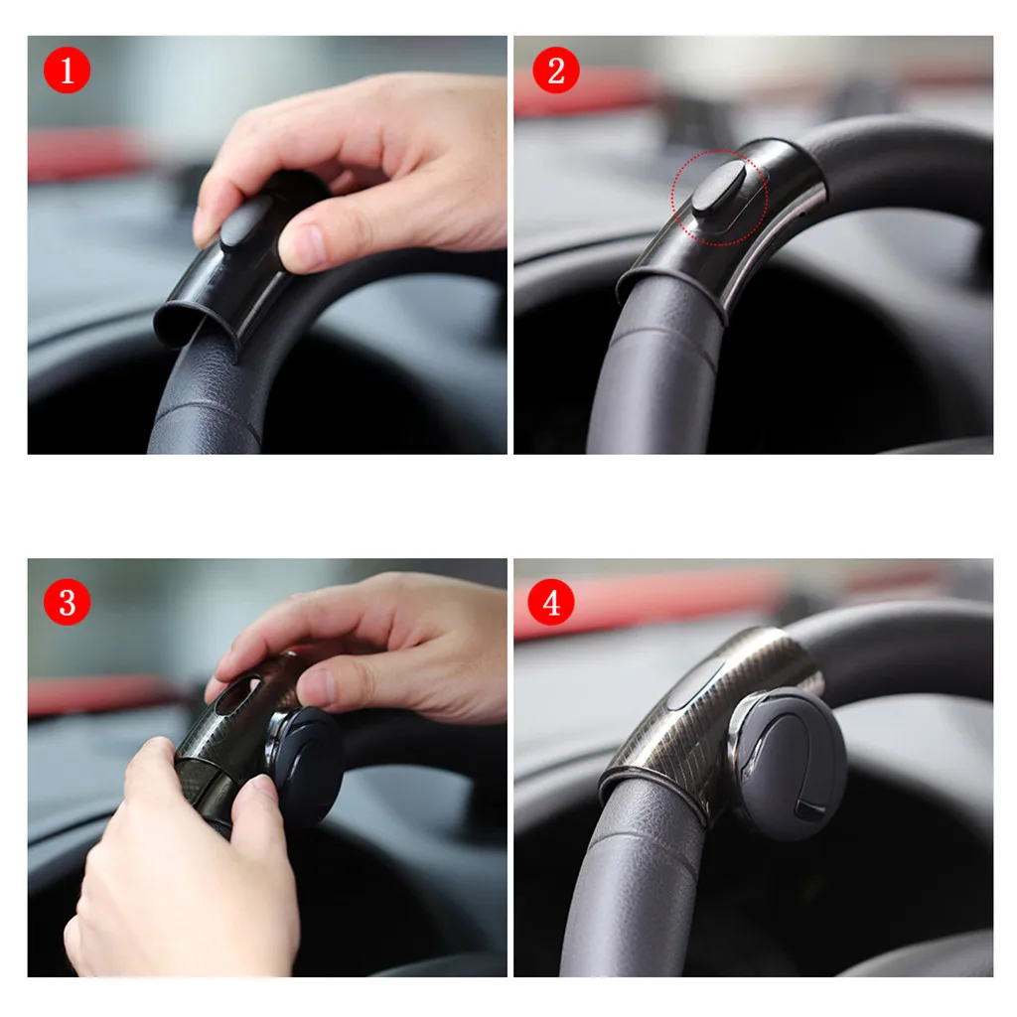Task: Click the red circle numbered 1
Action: click(x=67, y=71)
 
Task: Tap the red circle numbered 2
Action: click(x=555, y=71)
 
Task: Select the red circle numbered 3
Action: click(x=67, y=602)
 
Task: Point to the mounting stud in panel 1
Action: click(x=244, y=220)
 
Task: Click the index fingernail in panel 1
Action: click(x=203, y=226)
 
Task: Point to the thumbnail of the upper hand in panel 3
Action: click(x=316, y=687)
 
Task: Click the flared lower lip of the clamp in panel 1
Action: click(x=184, y=323)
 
